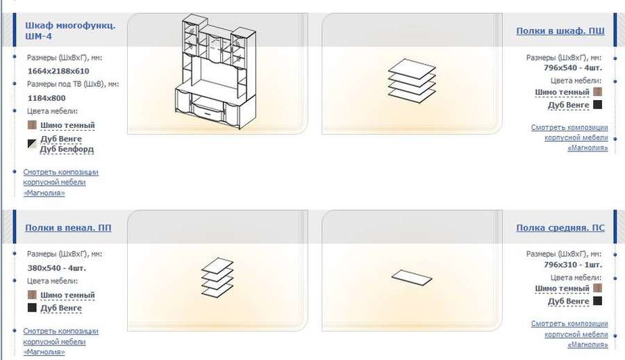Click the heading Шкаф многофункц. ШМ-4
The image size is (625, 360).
(70, 31)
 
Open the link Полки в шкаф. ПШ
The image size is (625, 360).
(560, 31)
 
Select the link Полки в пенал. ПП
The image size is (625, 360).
(68, 227)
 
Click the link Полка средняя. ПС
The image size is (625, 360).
(560, 227)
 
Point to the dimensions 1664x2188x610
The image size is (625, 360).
(58, 71)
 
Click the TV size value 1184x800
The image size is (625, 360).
(47, 98)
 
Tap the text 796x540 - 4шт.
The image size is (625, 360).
(573, 68)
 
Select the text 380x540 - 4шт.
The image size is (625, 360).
(57, 268)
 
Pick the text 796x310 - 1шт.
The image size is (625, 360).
(573, 265)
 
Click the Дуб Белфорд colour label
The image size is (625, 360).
(67, 149)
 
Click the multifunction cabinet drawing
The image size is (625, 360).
(216, 72)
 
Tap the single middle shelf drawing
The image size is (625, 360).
(412, 277)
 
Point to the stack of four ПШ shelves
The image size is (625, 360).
(412, 81)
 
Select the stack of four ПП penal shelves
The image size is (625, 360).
(217, 277)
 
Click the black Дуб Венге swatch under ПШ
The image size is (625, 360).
(597, 104)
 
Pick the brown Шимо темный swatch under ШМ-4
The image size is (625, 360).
(32, 125)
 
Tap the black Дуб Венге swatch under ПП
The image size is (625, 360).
(32, 308)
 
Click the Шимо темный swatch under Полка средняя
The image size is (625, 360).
(597, 288)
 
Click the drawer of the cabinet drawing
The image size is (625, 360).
(208, 111)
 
